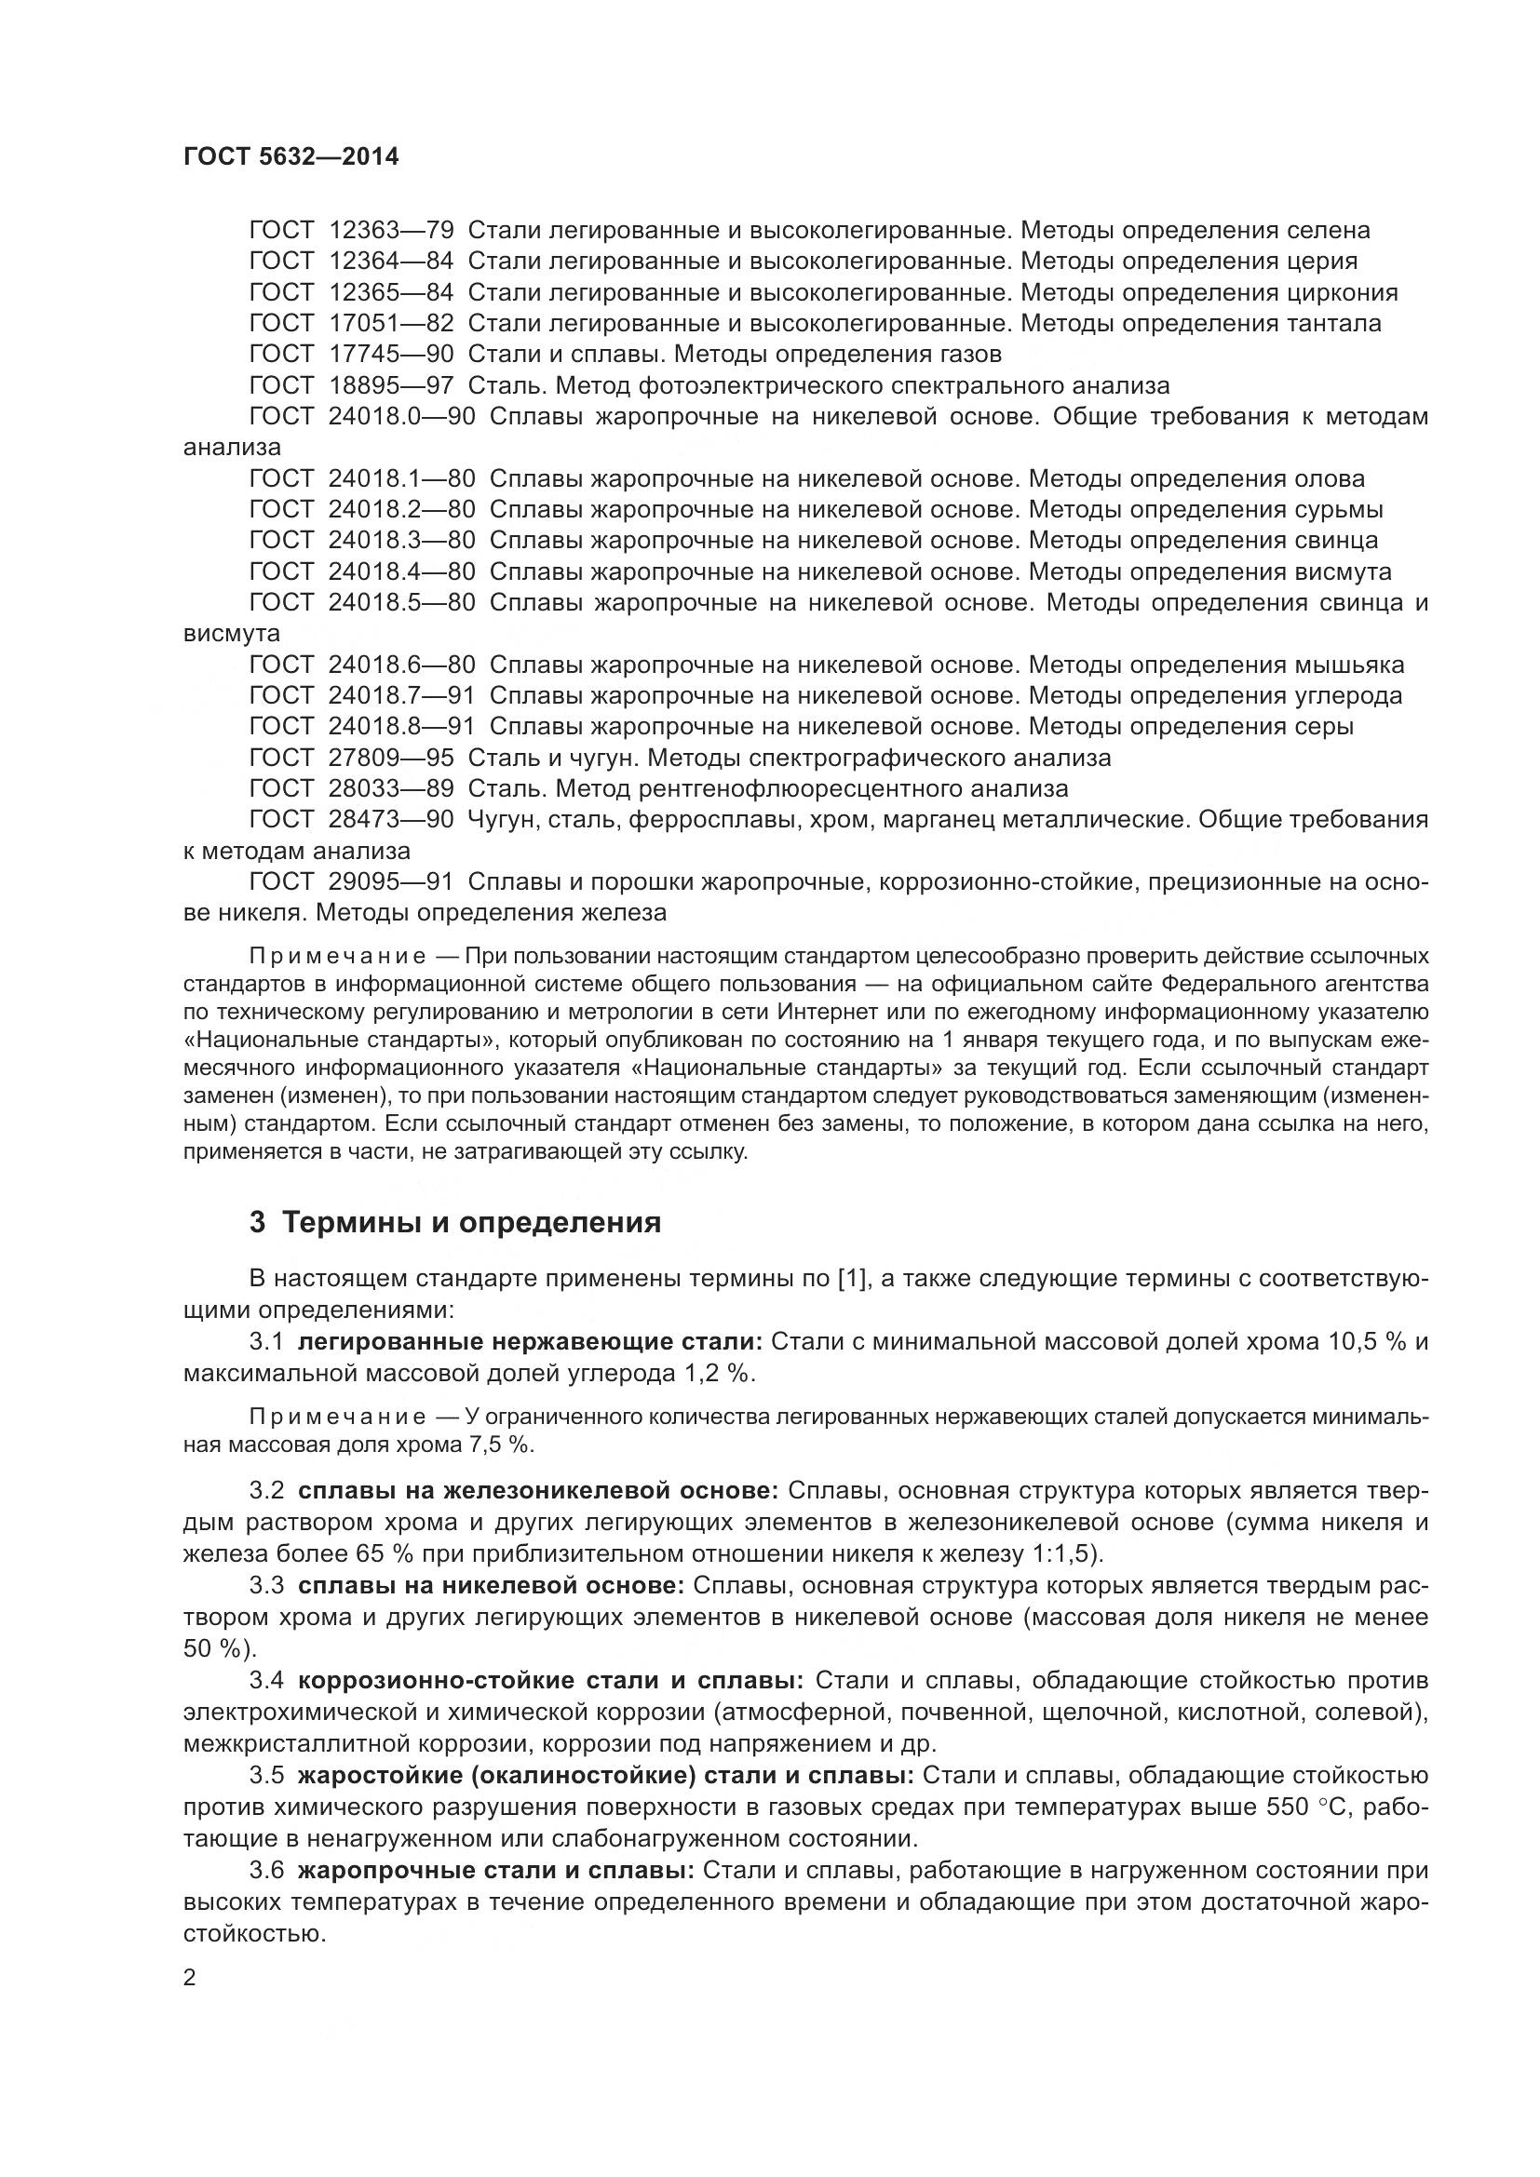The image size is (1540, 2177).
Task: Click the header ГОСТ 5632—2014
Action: [x=290, y=157]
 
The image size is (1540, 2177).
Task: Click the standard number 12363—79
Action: [x=391, y=231]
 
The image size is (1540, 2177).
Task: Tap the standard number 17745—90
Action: [x=391, y=355]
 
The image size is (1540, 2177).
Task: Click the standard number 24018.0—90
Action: [x=401, y=417]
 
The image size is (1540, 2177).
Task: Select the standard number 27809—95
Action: [x=391, y=758]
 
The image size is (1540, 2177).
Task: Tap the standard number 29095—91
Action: [x=391, y=881]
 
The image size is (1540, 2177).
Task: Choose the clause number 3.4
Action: [x=266, y=1681]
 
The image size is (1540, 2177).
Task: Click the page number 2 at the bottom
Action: [x=189, y=1978]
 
